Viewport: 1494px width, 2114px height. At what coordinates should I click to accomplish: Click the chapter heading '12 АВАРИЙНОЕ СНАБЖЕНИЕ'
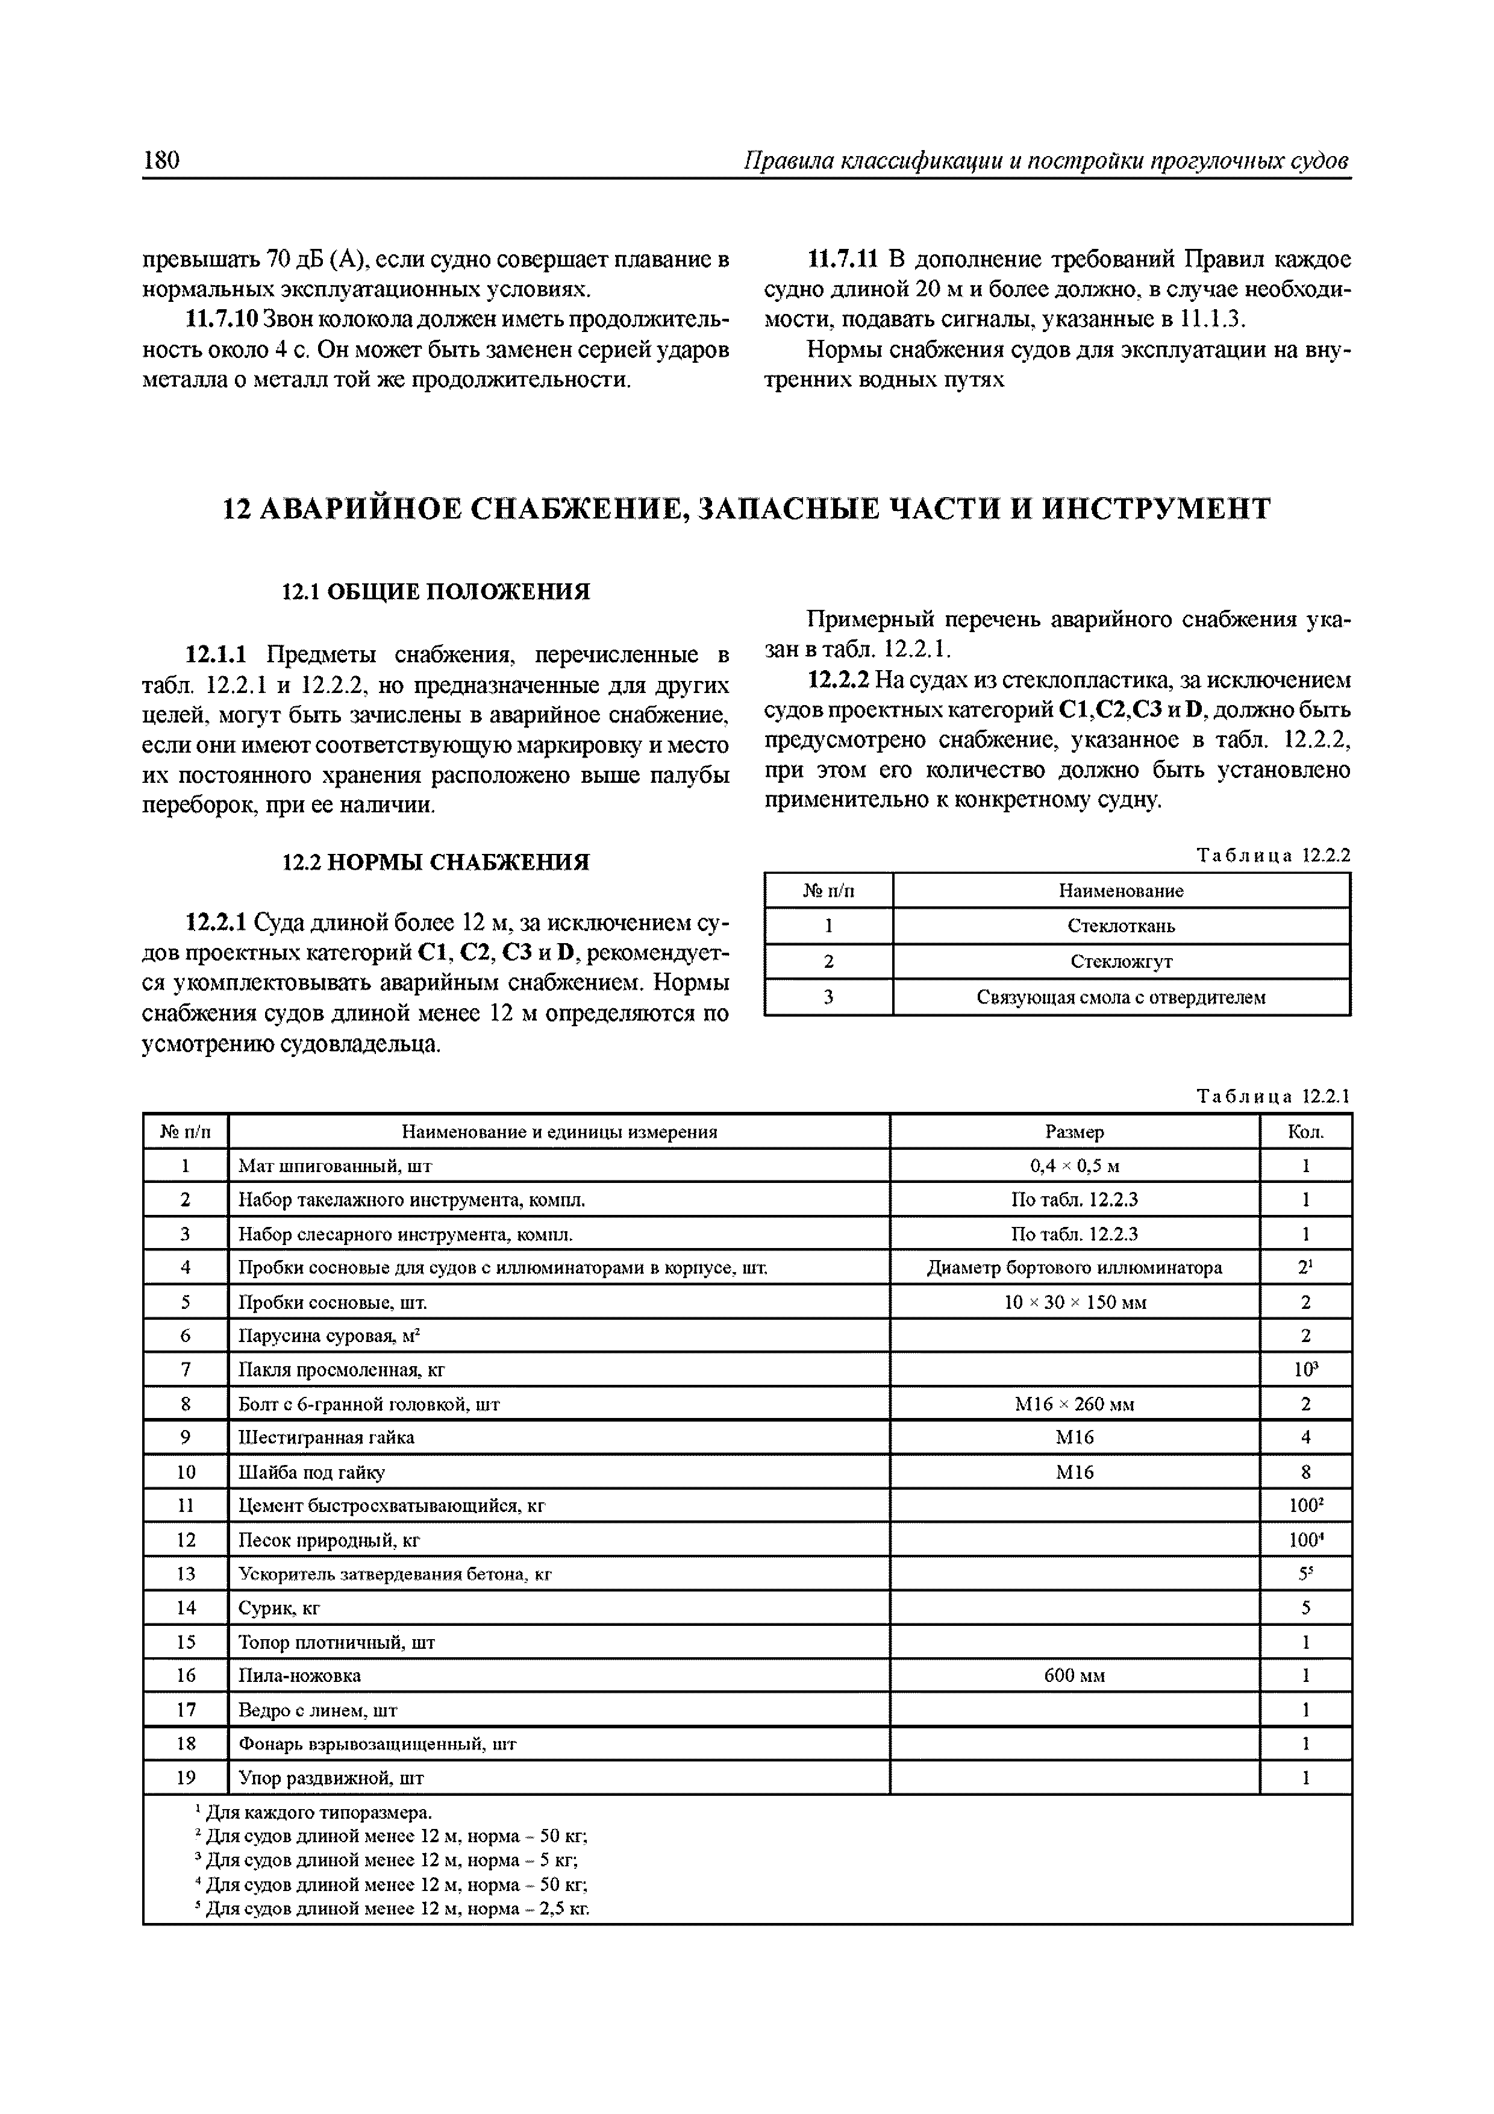point(746,508)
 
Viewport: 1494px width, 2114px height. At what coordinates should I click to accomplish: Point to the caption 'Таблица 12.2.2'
point(1272,855)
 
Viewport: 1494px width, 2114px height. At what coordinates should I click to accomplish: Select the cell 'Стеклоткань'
point(1120,926)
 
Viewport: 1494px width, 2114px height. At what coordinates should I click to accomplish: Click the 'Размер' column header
point(1074,1132)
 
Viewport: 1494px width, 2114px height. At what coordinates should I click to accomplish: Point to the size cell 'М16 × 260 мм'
point(1074,1404)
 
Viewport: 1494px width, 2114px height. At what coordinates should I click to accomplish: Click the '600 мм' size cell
point(1074,1676)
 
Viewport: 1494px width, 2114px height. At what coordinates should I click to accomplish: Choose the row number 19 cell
point(186,1778)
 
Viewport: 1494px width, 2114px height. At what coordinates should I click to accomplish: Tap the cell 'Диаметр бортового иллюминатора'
point(1074,1268)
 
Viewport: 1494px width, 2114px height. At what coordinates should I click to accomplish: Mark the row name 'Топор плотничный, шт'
point(336,1642)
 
